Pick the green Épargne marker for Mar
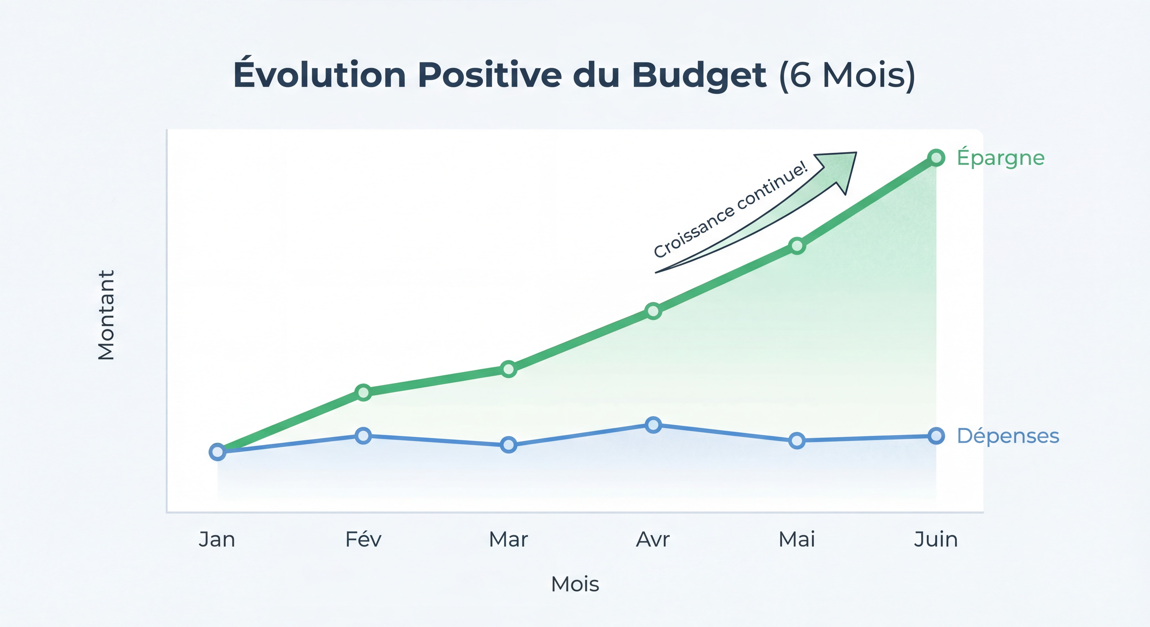(x=508, y=369)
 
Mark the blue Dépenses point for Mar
(x=508, y=445)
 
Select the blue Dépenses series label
(x=1008, y=436)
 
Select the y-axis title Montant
(x=106, y=315)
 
